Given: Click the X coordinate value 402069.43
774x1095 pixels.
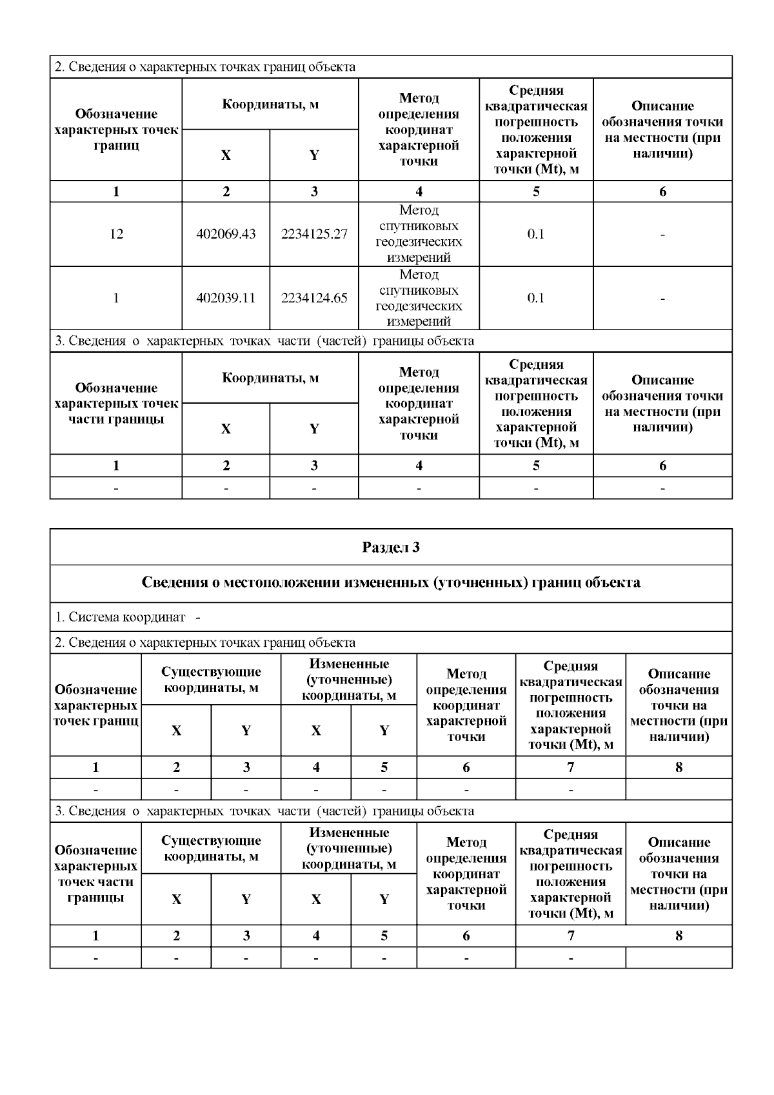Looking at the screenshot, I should pos(226,234).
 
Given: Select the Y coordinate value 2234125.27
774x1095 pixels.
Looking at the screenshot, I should pos(314,234).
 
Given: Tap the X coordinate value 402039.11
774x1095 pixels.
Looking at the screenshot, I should pos(226,298).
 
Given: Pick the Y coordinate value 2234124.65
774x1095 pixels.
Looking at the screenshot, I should pos(314,298).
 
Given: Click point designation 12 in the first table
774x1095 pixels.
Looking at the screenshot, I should pos(116,234).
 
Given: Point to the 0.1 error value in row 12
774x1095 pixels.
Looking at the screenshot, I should pos(536,234).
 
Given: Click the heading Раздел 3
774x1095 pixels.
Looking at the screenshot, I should pos(391,547).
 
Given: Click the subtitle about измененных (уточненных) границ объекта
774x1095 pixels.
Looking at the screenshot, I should pos(391,583).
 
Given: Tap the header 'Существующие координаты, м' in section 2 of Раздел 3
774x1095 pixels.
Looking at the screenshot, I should pos(211,680).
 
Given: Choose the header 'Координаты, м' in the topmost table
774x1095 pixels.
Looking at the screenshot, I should pos(270,104).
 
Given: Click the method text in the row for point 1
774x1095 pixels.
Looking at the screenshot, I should pos(419,298).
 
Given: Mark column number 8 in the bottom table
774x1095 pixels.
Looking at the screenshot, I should pos(679,936).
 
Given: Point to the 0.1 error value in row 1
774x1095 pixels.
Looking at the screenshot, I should pos(536,298).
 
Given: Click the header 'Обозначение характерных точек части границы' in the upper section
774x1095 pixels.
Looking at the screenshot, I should pos(116,404).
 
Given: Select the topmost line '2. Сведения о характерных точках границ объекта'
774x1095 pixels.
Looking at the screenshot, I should pos(205,67).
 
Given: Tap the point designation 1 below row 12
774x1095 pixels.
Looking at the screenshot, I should pos(116,298).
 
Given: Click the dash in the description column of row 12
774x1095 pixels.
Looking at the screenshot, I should pos(662,235).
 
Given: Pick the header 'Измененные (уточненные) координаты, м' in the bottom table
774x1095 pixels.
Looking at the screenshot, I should pos(349,849).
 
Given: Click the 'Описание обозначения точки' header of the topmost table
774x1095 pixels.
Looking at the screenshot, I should pos(662,130).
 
